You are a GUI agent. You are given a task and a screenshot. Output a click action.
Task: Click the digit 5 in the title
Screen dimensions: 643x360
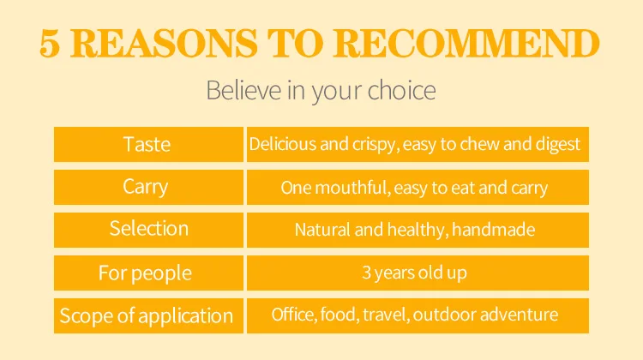(50, 44)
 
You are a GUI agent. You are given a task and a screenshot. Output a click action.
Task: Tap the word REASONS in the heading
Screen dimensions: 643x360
(164, 44)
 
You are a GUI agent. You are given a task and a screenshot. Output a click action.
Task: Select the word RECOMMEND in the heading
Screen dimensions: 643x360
(466, 44)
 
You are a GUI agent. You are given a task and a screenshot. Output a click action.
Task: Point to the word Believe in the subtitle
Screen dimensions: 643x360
(243, 90)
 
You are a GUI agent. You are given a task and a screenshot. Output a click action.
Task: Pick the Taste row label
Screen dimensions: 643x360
(147, 144)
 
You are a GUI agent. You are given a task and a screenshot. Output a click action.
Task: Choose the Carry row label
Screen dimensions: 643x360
(146, 188)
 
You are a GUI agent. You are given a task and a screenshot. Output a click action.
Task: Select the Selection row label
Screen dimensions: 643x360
(149, 228)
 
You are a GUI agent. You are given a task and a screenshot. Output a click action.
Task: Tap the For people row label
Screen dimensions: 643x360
(145, 273)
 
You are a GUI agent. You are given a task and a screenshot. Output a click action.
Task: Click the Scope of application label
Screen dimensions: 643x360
(147, 316)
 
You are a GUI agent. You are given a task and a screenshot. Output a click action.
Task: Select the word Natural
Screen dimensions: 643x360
(322, 230)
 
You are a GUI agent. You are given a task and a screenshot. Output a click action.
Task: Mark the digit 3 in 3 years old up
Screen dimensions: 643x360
(366, 273)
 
